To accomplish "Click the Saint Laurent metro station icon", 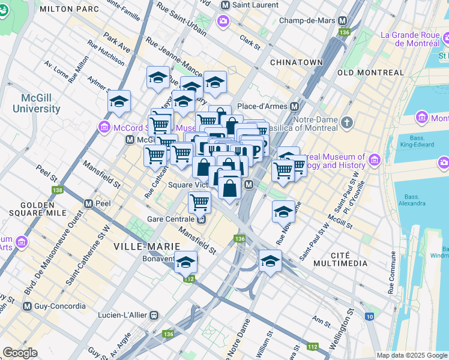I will [x=225, y=5].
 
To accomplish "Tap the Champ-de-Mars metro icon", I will [x=344, y=20].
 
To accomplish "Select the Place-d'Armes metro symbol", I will [x=295, y=106].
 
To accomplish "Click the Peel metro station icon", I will [x=88, y=203].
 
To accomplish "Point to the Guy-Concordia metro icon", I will [x=26, y=306].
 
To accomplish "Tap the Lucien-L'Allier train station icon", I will [x=154, y=314].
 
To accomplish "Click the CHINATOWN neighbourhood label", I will [x=297, y=62].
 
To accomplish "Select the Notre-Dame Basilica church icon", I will [x=346, y=123].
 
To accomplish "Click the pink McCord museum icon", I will [x=104, y=127].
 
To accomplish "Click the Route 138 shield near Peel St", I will [x=58, y=190].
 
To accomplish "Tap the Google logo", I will [x=20, y=353].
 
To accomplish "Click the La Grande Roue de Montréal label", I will [x=410, y=39].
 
